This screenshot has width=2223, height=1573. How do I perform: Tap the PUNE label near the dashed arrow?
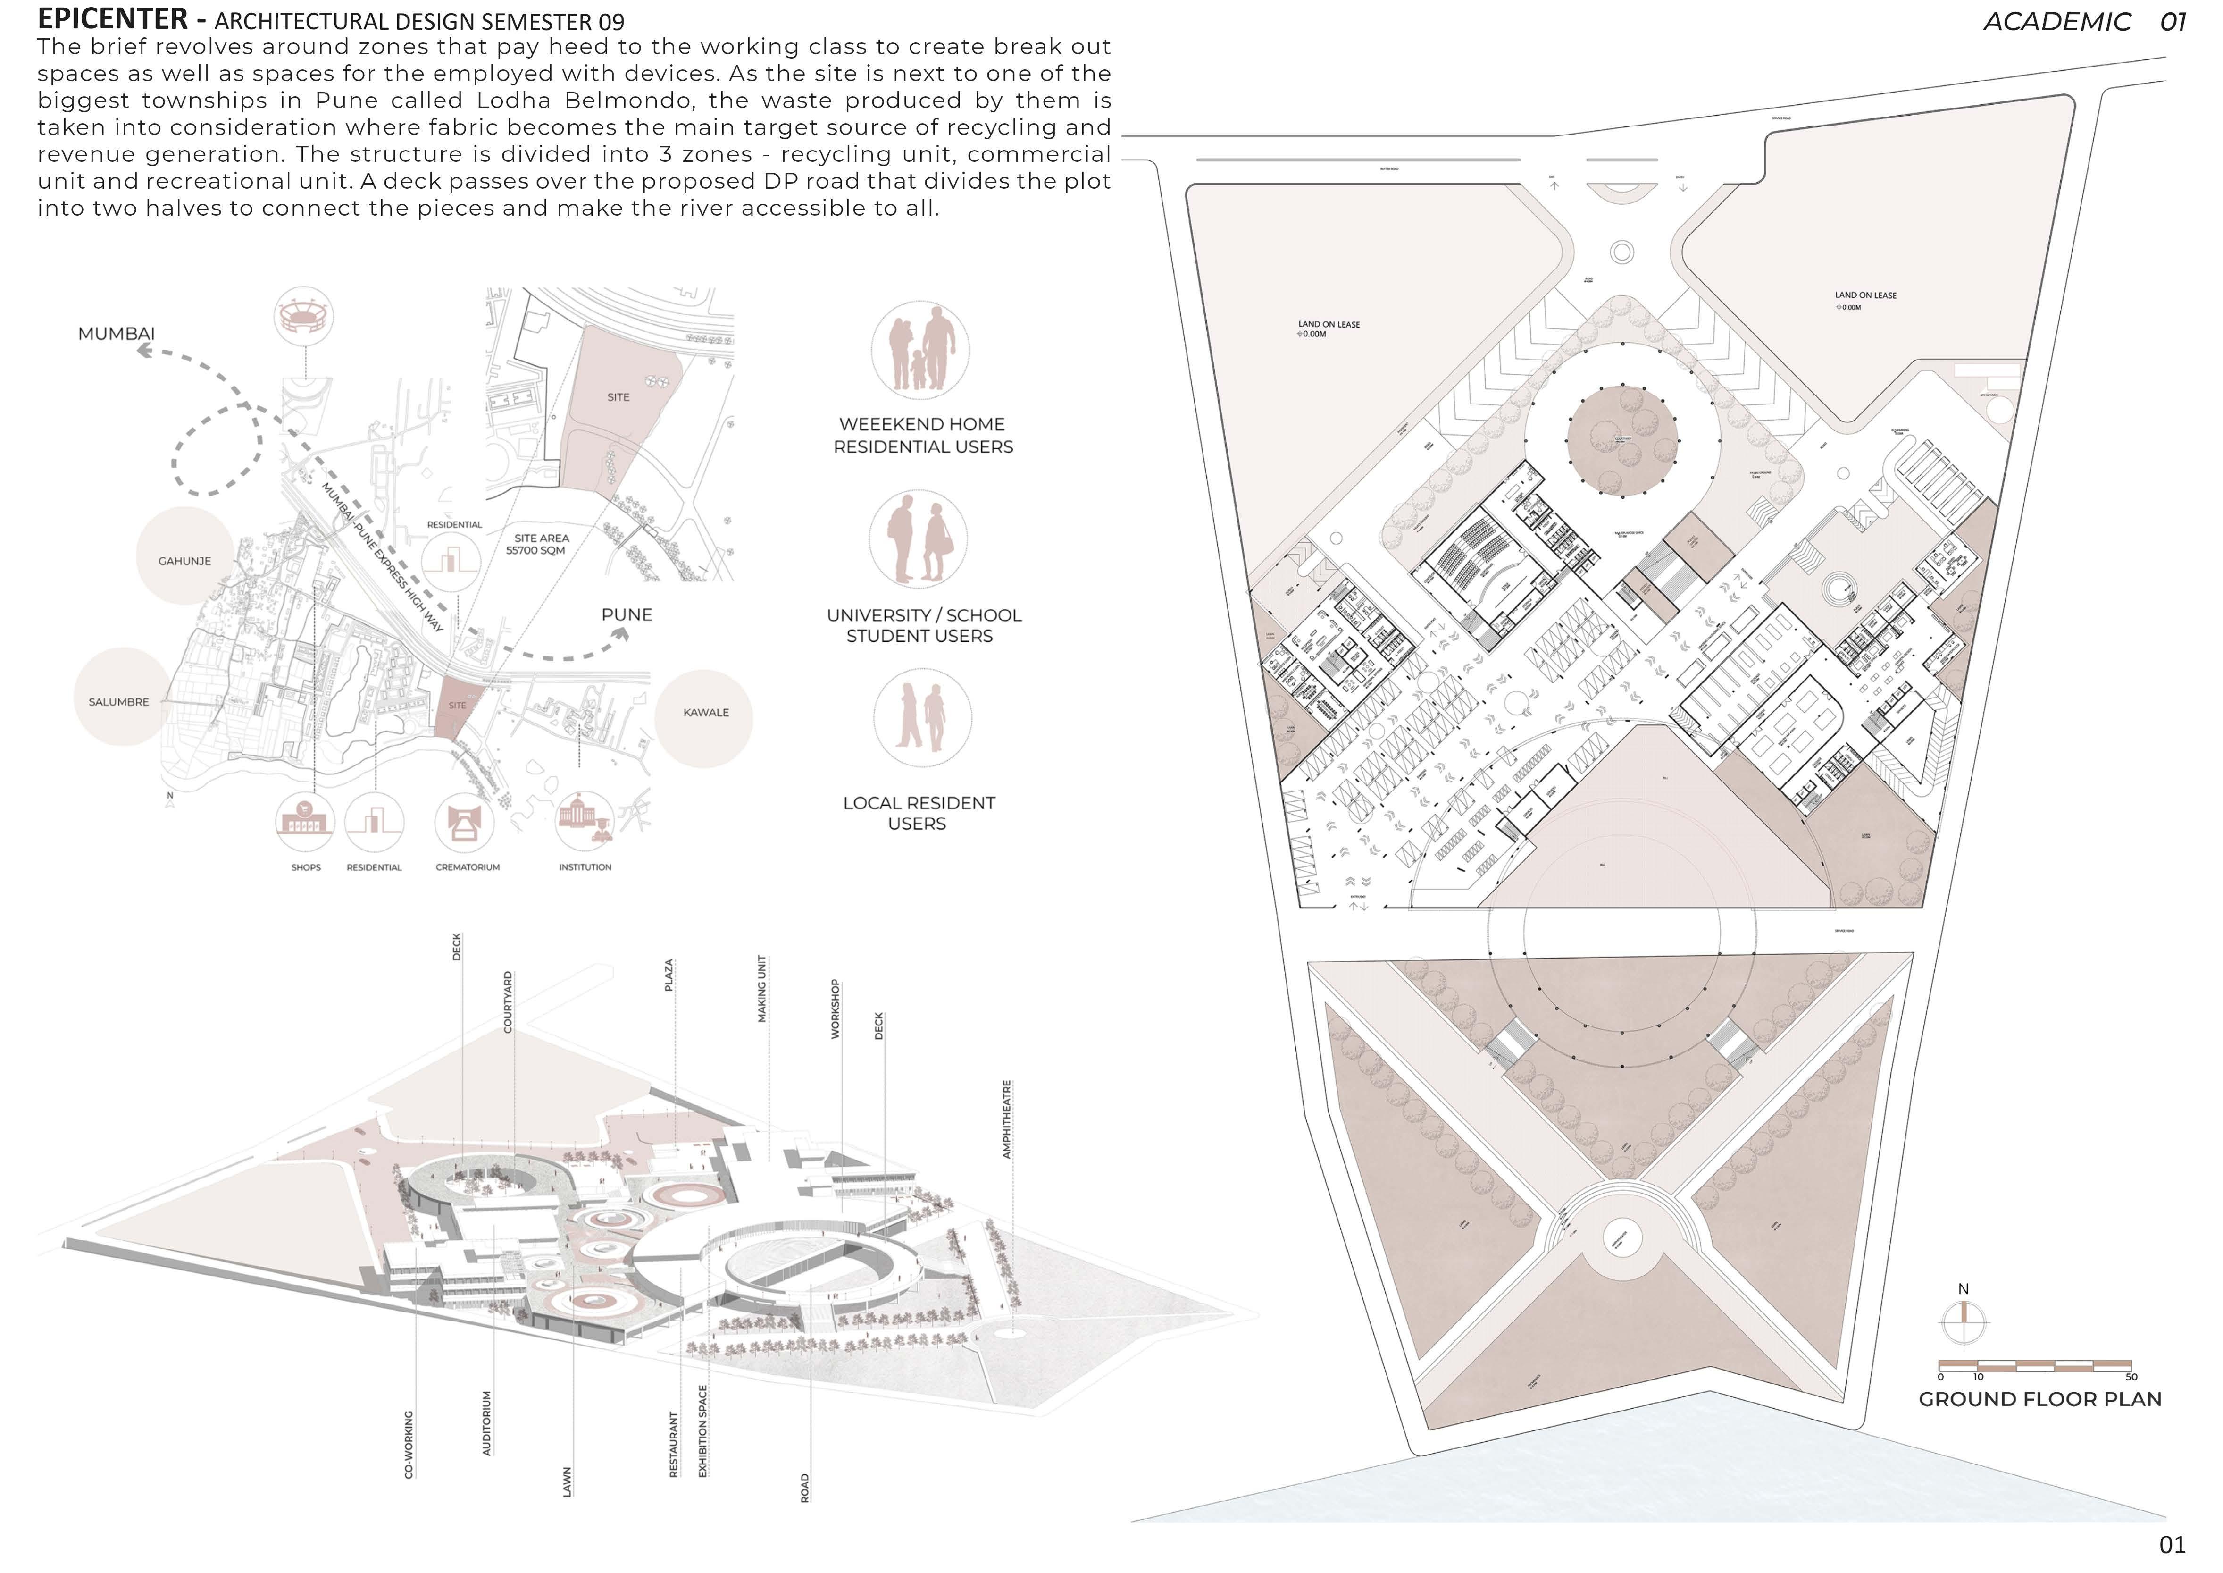tap(627, 615)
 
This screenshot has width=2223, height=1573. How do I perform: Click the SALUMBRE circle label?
tap(119, 702)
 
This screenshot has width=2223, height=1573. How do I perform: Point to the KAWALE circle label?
tap(706, 713)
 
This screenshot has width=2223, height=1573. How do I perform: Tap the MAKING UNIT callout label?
tap(762, 988)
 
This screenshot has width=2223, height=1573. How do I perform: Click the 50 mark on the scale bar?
tap(2131, 1376)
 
